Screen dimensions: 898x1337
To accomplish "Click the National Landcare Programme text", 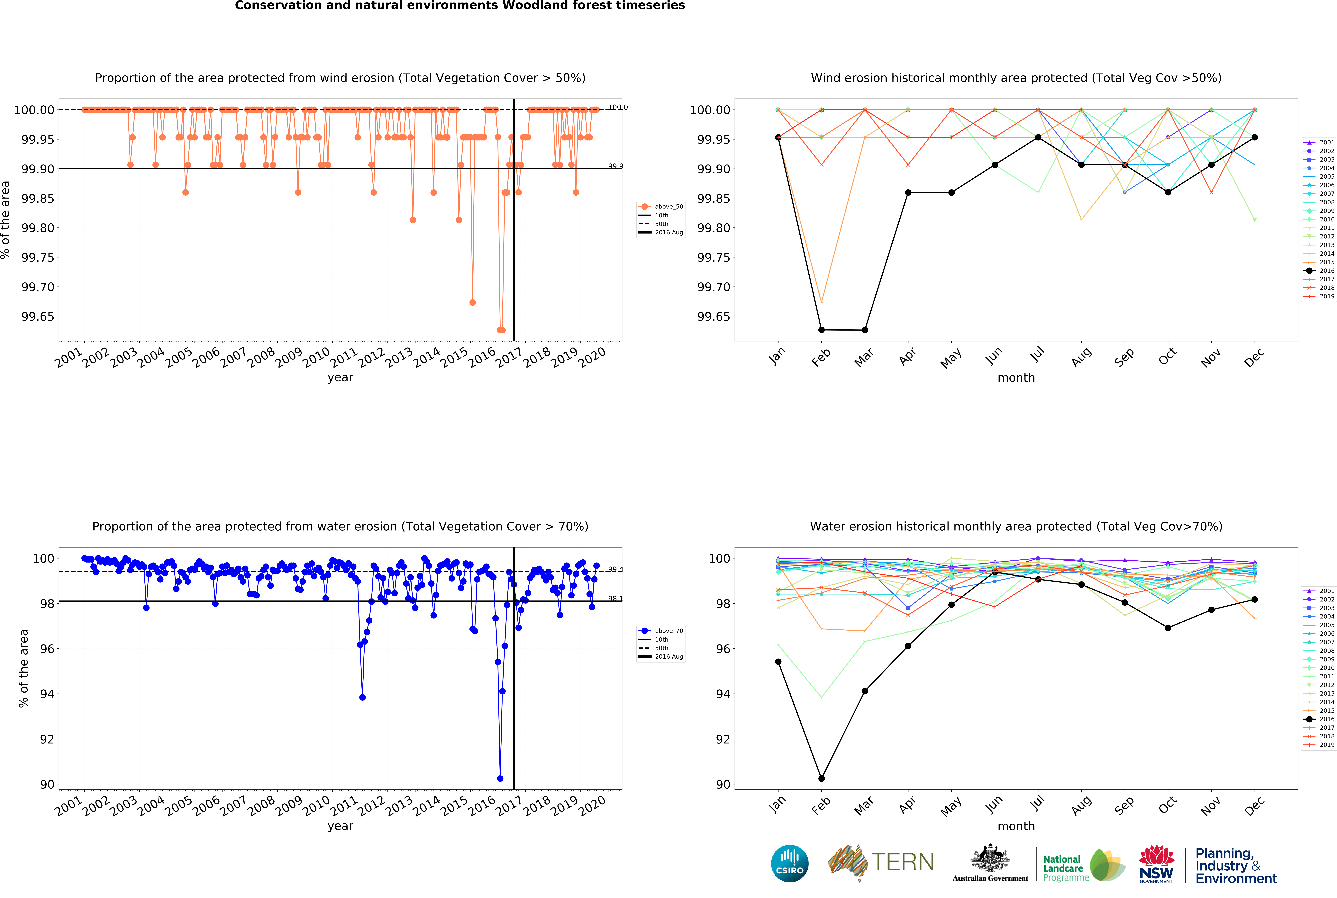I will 1063,868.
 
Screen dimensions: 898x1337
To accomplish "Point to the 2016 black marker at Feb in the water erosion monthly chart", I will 821,778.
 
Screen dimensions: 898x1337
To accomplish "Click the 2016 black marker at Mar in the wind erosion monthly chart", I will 864,330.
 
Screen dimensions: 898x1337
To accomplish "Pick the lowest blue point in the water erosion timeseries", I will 500,778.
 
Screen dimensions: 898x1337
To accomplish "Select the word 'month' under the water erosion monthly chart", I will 1016,826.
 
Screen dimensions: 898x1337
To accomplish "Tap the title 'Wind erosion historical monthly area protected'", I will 1016,78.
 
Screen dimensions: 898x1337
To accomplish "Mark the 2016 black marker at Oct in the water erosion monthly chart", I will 1167,628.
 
